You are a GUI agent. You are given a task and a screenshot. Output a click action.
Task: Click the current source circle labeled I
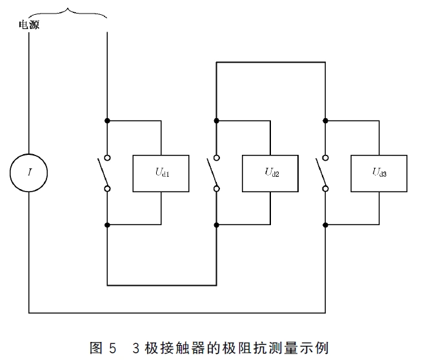coord(29,173)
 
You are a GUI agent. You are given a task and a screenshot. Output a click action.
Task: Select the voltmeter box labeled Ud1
coord(161,173)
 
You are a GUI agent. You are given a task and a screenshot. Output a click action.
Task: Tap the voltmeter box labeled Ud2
coord(270,173)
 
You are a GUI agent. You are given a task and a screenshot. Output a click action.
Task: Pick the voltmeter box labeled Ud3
coord(379,173)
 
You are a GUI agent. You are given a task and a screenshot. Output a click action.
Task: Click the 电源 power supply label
coord(29,25)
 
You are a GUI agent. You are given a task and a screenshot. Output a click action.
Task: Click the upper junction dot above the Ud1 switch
coord(107,121)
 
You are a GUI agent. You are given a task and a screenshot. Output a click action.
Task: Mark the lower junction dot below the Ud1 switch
coord(107,225)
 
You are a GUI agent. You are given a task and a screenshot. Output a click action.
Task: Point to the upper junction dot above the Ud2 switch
coord(217,121)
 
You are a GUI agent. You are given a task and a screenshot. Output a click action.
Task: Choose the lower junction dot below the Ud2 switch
coord(217,225)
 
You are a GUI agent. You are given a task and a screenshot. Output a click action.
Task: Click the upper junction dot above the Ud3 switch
coord(326,121)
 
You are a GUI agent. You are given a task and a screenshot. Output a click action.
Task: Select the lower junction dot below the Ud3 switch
coord(326,225)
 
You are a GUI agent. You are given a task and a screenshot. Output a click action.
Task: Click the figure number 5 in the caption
coord(114,348)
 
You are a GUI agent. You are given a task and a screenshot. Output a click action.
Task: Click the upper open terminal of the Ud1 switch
coord(107,157)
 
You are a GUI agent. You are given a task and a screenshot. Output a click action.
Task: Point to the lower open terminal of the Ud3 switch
coord(326,189)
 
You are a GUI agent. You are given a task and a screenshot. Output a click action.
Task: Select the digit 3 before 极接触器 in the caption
coord(136,348)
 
